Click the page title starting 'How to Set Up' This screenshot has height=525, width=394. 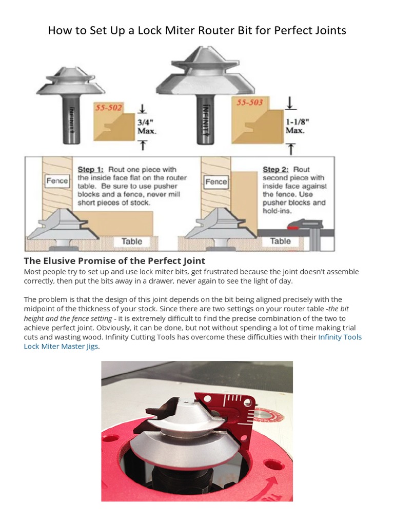197,30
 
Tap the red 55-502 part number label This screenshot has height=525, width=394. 108,108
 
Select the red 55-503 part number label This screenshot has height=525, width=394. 249,103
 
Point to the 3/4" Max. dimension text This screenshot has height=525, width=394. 147,126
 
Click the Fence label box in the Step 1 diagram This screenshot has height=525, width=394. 57,181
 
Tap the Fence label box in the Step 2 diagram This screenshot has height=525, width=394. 216,181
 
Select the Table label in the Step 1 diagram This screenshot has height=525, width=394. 132,241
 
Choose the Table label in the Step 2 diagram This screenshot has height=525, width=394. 280,241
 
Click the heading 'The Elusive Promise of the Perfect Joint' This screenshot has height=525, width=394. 114,260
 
